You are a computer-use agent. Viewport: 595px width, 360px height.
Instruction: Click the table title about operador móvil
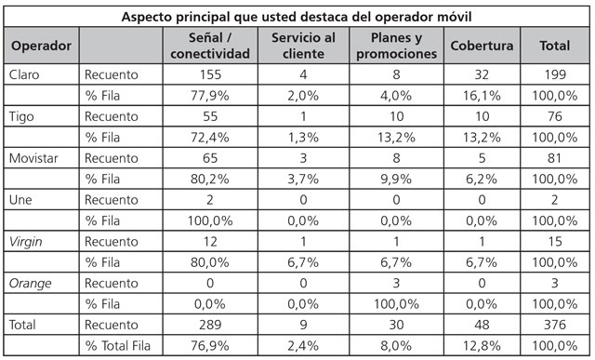pos(297,18)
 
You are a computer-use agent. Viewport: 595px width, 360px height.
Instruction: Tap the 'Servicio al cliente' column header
pos(303,46)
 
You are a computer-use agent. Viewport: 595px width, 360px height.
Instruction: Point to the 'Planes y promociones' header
pos(396,46)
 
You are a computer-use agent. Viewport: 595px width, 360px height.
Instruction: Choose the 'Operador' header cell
pos(41,46)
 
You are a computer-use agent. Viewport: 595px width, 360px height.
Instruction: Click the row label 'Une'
pos(20,199)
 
